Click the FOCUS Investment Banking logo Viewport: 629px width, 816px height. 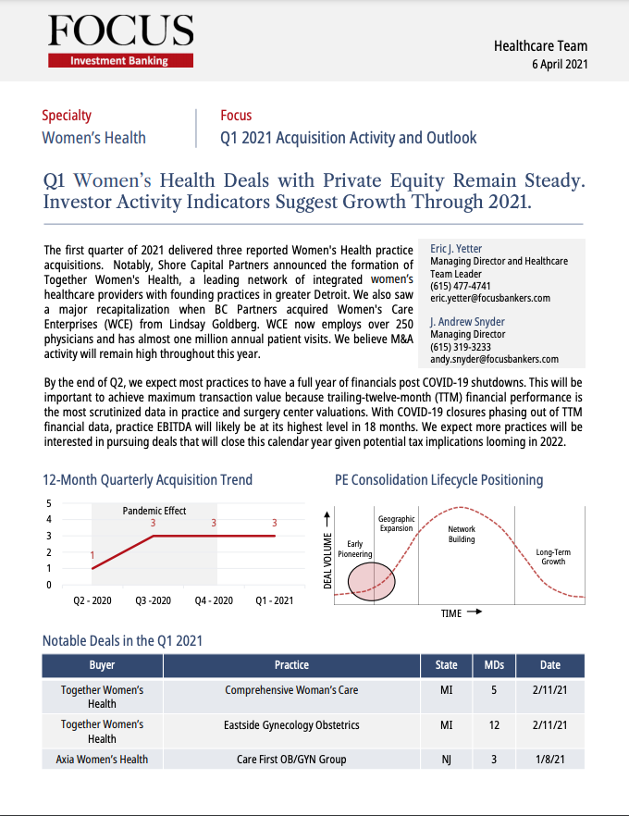[120, 41]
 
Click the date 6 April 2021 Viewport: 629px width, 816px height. [560, 65]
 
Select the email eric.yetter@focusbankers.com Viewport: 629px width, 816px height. [489, 298]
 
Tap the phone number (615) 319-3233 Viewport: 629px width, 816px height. [460, 347]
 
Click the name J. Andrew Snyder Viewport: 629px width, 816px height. [467, 322]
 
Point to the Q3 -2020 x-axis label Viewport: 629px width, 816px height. [153, 600]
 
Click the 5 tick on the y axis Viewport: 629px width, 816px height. [49, 503]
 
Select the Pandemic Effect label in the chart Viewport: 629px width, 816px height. [154, 511]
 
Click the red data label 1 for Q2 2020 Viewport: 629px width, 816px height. [92, 555]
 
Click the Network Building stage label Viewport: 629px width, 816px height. [462, 534]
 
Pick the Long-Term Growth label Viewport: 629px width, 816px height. [553, 556]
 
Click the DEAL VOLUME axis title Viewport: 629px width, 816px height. [327, 561]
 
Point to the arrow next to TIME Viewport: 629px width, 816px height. [474, 612]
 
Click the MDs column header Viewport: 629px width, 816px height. [494, 665]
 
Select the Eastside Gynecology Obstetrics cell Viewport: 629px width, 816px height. [291, 725]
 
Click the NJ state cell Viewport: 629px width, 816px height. [446, 760]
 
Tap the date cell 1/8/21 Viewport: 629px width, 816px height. [549, 760]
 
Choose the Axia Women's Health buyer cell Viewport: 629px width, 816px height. [102, 760]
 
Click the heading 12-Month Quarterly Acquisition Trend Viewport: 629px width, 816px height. [147, 480]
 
